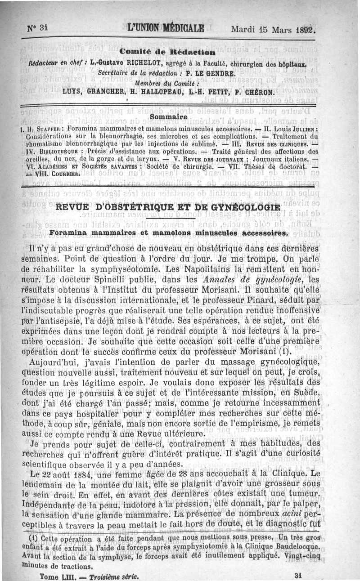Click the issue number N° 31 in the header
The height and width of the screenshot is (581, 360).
pyautogui.click(x=37, y=27)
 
